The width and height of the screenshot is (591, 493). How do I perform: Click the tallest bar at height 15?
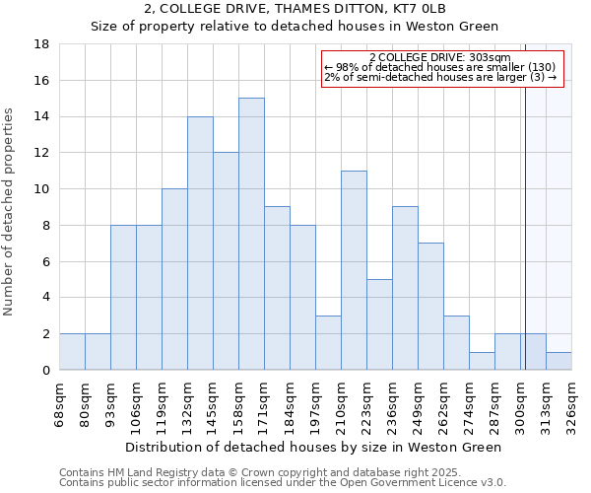pyautogui.click(x=251, y=234)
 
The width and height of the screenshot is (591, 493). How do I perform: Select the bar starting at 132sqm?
pyautogui.click(x=200, y=243)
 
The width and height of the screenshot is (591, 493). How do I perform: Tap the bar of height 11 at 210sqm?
pyautogui.click(x=354, y=270)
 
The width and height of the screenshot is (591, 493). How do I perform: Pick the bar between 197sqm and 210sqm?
pyautogui.click(x=328, y=342)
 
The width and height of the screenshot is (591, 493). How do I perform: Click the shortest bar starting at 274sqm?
pyautogui.click(x=482, y=361)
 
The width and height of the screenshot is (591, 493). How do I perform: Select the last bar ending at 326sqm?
pyautogui.click(x=558, y=361)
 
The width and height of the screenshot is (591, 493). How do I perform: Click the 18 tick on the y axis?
pyautogui.click(x=42, y=44)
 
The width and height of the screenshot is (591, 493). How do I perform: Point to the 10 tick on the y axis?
pyautogui.click(x=42, y=189)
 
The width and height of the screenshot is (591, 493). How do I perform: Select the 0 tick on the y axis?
pyautogui.click(x=45, y=371)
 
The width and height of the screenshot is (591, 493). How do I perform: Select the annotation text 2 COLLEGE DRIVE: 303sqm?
pyautogui.click(x=440, y=58)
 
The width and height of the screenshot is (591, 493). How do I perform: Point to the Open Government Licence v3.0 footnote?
pyautogui.click(x=394, y=483)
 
